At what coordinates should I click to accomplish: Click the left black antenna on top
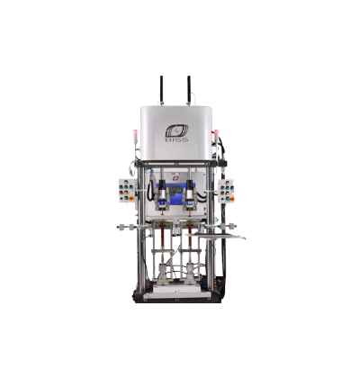(161, 89)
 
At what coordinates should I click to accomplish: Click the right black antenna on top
(189, 89)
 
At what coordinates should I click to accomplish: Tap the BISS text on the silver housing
(176, 139)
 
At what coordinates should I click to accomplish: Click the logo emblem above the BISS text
(176, 130)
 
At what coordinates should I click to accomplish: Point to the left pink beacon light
(135, 133)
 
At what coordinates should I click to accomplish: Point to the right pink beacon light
(216, 133)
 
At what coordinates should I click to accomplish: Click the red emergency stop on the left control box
(131, 198)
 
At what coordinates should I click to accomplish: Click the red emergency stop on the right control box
(231, 199)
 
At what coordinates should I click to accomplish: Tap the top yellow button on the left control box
(126, 182)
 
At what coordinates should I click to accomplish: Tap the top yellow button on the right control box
(227, 182)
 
